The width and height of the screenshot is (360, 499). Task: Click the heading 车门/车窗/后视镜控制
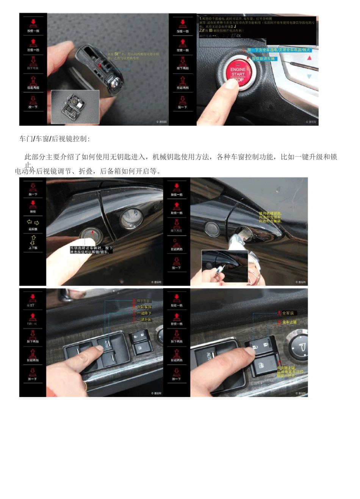pos(55,139)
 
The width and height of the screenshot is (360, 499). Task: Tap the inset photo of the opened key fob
pos(75,107)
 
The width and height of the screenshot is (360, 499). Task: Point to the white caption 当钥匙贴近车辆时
pos(91,250)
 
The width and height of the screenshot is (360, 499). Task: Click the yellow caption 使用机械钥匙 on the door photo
pos(270,217)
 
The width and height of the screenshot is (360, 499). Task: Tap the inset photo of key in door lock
pos(224,266)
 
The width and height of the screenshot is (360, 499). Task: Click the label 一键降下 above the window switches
pos(144,313)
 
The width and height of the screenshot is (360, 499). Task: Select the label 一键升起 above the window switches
pos(144,320)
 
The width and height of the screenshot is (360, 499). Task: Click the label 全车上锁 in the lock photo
pos(290,322)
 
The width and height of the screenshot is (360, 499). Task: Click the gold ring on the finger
pos(86,386)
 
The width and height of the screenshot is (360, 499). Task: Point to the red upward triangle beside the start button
pos(309,58)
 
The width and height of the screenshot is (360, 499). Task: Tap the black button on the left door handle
pos(90,234)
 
